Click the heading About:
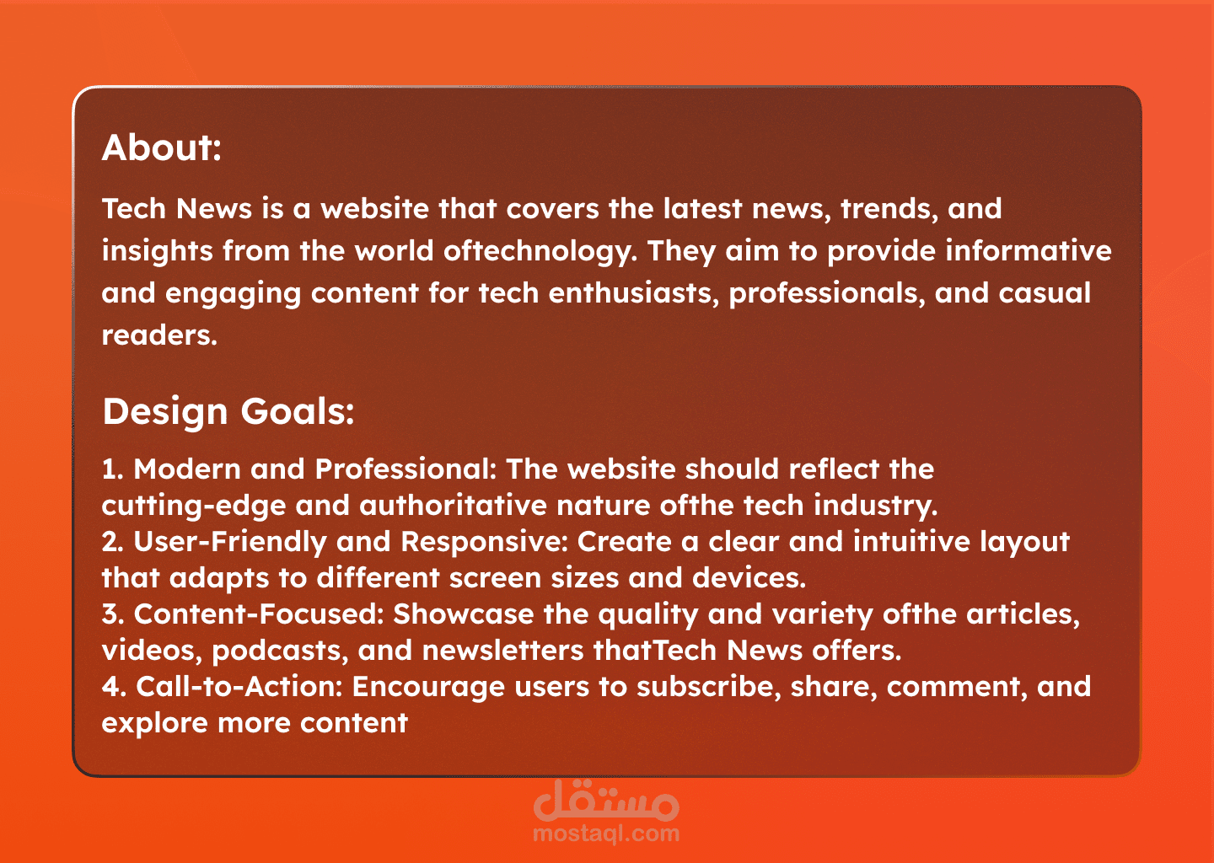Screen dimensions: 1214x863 [162, 147]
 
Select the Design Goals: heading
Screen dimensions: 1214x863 [228, 413]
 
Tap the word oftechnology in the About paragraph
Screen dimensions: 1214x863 [540, 252]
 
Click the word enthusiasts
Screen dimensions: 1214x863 [634, 293]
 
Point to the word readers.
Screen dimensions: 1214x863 [159, 335]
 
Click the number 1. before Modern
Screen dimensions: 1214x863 [113, 469]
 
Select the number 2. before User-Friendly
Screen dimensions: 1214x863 [113, 542]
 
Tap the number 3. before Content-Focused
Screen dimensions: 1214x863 [113, 614]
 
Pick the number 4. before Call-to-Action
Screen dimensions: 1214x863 [114, 687]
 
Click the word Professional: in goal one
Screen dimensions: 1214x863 [406, 469]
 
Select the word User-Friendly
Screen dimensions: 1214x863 [230, 543]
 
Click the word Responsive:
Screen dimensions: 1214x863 [484, 543]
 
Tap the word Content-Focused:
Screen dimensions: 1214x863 [259, 614]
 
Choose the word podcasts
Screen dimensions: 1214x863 [280, 651]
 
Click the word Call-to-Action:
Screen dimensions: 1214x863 [239, 687]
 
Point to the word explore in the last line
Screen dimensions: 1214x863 [154, 724]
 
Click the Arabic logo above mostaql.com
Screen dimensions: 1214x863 [606, 800]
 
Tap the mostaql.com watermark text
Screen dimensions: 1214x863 [606, 834]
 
